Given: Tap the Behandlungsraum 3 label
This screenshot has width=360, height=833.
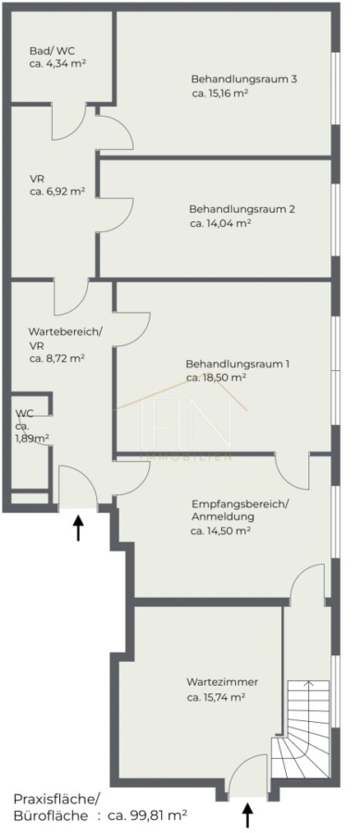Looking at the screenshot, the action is point(243,80).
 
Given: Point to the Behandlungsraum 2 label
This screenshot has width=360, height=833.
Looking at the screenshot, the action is point(242,209).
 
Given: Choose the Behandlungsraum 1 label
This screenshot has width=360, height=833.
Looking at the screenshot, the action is point(238,365).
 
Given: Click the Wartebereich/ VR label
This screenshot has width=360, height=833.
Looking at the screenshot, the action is point(66,338).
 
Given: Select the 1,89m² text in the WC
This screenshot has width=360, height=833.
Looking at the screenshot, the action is point(32,438).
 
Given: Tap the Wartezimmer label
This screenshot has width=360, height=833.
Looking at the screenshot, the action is point(222,681).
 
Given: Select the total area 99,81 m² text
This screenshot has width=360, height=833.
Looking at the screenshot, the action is point(148,814).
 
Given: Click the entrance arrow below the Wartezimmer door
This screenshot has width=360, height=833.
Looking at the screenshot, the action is point(247,814).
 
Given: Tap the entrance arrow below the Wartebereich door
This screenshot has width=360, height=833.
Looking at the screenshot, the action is point(79,527).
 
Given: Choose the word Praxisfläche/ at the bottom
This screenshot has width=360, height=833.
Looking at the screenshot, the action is point(56,799).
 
